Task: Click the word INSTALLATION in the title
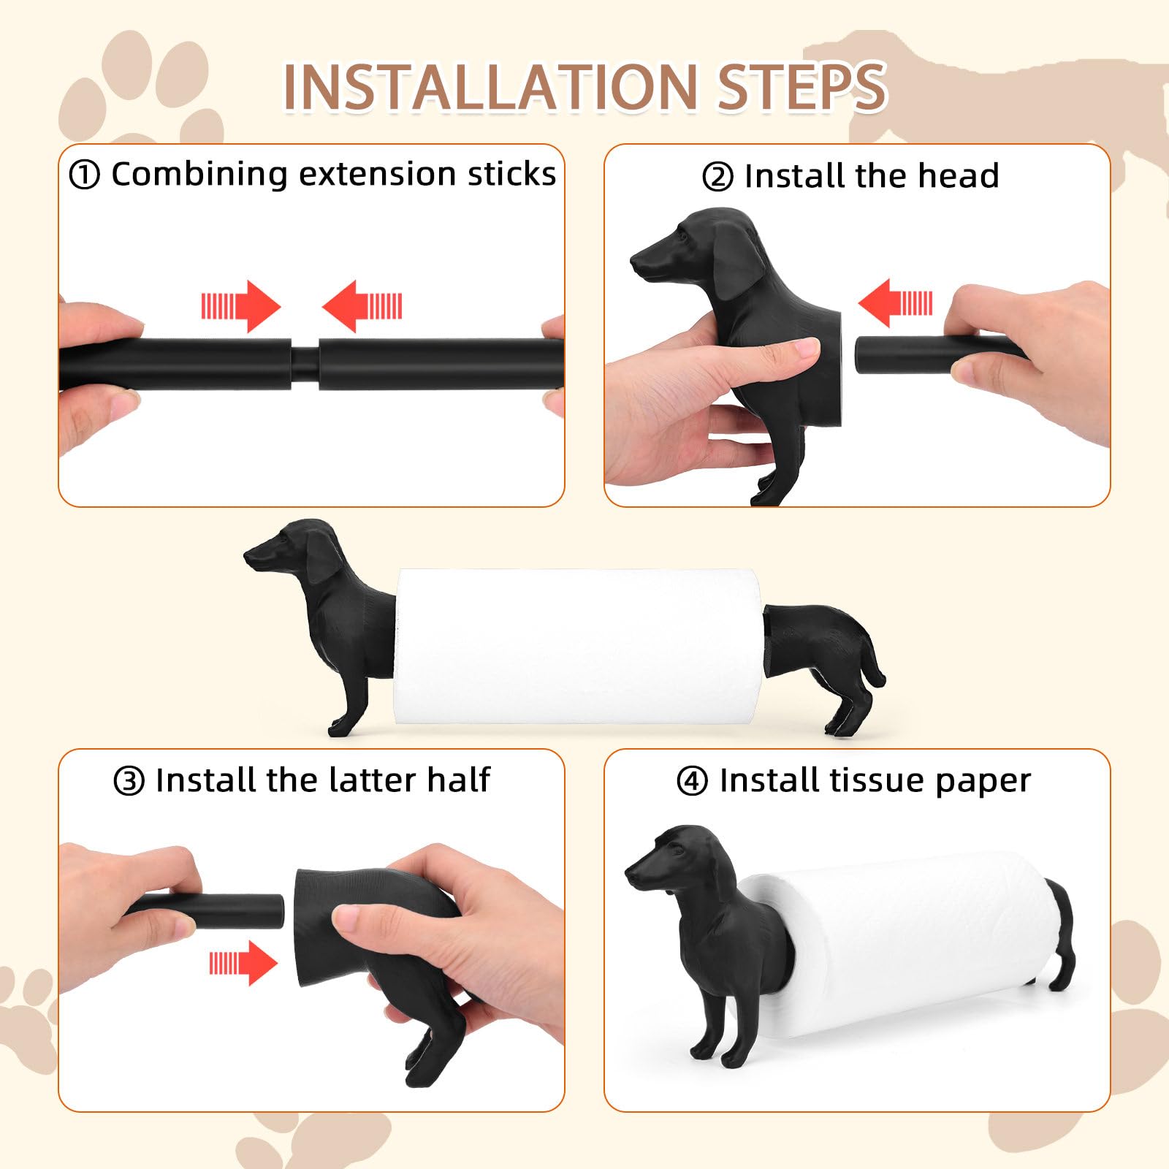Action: click(x=490, y=88)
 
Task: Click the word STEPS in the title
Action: click(x=801, y=88)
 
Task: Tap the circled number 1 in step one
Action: click(x=84, y=175)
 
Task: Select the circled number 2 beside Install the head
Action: click(x=717, y=178)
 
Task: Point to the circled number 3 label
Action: click(x=129, y=781)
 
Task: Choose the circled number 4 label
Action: click(x=692, y=781)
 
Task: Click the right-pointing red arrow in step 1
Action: click(x=241, y=306)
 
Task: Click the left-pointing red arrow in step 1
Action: click(x=362, y=306)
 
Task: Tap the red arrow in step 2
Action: click(x=895, y=302)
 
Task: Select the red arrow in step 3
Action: click(x=243, y=963)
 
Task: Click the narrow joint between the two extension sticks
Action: click(x=305, y=364)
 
